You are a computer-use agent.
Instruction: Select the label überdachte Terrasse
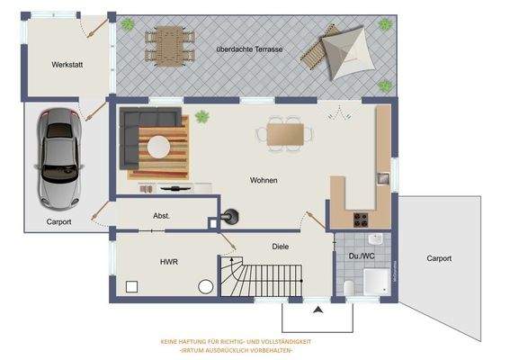(x=250, y=49)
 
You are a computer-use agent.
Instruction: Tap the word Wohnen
(x=264, y=181)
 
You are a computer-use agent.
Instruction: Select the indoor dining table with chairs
(x=287, y=134)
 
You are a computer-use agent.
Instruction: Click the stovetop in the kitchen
(x=362, y=217)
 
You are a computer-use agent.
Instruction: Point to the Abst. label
(x=162, y=216)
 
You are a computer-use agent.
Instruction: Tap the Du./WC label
(x=361, y=257)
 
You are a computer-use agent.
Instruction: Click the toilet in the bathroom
(x=349, y=288)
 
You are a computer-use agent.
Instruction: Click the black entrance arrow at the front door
(x=317, y=310)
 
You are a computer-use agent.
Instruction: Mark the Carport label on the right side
(x=438, y=258)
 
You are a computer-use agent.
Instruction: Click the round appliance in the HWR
(x=205, y=286)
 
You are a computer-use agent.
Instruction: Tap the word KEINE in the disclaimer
(x=170, y=342)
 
